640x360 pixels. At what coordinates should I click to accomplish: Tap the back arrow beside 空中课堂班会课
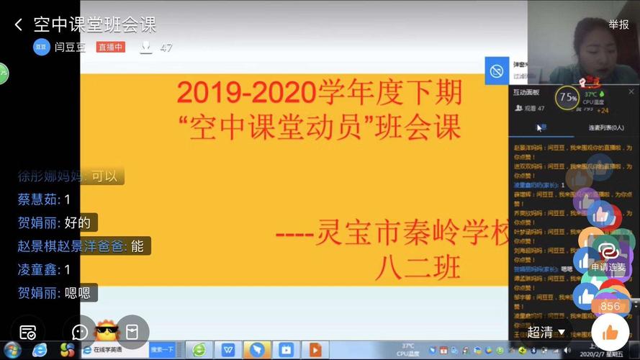coord(18,25)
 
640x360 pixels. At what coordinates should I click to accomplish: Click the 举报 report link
coord(618,24)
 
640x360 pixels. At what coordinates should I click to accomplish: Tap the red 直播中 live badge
coord(111,48)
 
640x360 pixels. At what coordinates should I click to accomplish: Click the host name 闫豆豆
coord(70,48)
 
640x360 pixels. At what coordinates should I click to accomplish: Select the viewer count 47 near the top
coord(166,48)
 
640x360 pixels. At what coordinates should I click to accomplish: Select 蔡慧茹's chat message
coord(44,199)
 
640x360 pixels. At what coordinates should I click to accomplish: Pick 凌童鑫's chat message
coord(44,269)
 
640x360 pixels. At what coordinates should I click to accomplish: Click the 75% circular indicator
coord(567,97)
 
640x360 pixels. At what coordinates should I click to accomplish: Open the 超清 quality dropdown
coord(546,332)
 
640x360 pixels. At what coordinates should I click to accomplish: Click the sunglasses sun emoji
coord(107,332)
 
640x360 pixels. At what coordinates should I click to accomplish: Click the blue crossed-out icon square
coord(496,71)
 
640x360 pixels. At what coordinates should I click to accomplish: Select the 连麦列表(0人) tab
coord(606,127)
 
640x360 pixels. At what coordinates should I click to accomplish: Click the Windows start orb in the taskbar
coord(12,350)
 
